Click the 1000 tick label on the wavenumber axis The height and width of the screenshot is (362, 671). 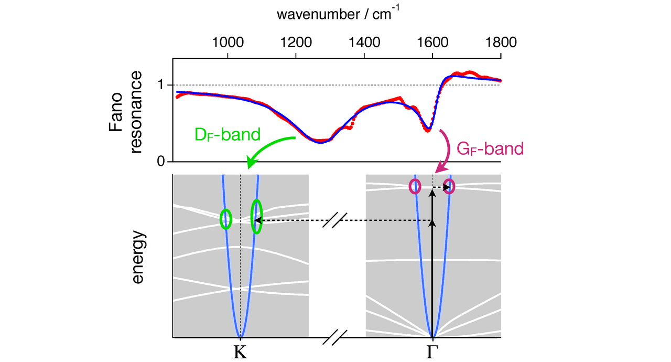click(227, 42)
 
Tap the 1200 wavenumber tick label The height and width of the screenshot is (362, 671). click(296, 42)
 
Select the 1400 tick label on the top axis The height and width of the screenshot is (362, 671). click(364, 42)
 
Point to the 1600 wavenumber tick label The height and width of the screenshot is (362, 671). click(432, 42)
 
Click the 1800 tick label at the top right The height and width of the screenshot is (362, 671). click(501, 42)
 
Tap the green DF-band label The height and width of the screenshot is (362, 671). click(227, 135)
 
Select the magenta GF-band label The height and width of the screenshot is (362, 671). click(490, 150)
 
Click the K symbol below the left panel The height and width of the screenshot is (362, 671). click(240, 350)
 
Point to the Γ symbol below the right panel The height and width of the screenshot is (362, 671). click(432, 350)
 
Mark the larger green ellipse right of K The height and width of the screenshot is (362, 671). click(256, 217)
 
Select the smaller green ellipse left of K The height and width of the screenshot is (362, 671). click(226, 219)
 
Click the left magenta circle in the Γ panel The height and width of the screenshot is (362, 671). click(415, 186)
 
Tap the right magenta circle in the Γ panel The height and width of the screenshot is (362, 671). click(449, 186)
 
